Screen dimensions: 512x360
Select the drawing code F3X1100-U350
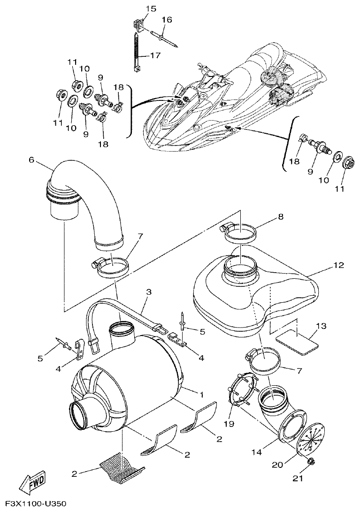tap(33, 504)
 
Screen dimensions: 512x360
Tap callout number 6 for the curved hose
tap(31, 160)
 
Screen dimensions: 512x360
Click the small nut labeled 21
tap(310, 463)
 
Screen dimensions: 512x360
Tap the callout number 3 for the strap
tap(148, 292)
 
